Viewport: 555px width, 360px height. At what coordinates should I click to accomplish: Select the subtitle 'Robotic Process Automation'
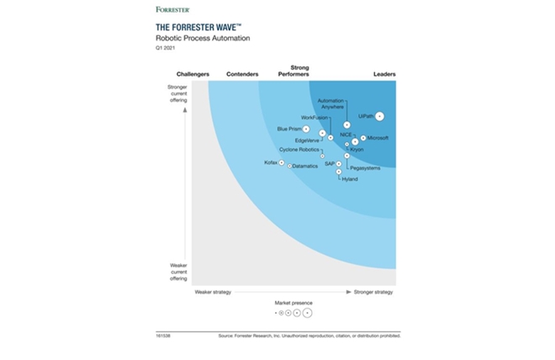[x=197, y=39]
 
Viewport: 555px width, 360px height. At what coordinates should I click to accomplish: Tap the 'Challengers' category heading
[x=181, y=75]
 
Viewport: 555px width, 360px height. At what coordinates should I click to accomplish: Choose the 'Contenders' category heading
[x=242, y=75]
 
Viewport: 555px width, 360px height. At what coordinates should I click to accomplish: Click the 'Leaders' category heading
[x=383, y=75]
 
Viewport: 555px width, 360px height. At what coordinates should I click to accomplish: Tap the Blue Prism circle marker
[x=307, y=129]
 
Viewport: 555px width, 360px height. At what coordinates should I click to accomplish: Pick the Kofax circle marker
[x=281, y=161]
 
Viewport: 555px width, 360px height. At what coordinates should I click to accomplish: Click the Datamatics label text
[x=305, y=166]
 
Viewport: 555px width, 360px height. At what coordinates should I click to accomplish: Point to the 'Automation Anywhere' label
[x=330, y=104]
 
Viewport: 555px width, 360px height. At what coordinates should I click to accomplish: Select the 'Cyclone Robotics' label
[x=299, y=150]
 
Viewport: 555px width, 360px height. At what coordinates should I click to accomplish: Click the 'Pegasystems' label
[x=364, y=168]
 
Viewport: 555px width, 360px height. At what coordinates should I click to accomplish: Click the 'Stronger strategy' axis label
[x=373, y=292]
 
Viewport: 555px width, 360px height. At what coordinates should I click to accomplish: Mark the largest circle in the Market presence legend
[x=307, y=312]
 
